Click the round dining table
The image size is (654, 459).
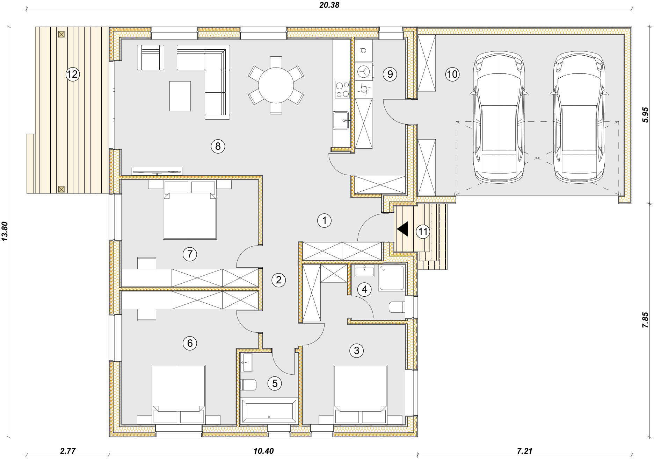coord(276,85)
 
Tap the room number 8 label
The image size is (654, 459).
coord(218,146)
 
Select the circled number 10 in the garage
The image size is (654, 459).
coord(452,74)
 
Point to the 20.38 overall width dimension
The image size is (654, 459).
coord(329,5)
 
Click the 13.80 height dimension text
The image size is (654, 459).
coord(5,231)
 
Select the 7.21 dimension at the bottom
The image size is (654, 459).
coord(524,451)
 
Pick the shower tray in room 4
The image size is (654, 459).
coord(392,278)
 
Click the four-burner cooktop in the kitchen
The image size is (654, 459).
coord(342,89)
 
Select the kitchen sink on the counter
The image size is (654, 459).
coord(341,120)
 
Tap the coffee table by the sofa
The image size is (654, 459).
coord(180,96)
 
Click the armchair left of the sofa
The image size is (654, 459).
coord(151,57)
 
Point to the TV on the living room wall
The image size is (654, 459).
coord(157,171)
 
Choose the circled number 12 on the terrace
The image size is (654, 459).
coord(72,74)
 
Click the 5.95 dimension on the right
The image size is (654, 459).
coord(645,115)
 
